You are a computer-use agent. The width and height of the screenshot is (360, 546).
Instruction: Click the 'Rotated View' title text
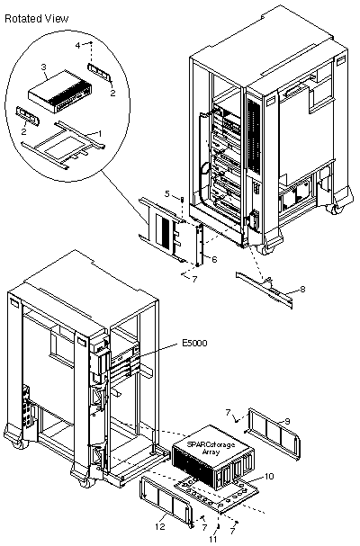pyautogui.click(x=37, y=19)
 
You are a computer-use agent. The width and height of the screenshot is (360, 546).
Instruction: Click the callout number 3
pyautogui.click(x=44, y=67)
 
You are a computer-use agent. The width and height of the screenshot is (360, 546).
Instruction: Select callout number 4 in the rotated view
pyautogui.click(x=78, y=46)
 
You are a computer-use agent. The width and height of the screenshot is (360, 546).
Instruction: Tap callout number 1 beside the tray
pyautogui.click(x=100, y=133)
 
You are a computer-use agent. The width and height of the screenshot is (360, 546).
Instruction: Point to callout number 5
pyautogui.click(x=166, y=193)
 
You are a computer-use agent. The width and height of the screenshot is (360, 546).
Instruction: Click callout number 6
pyautogui.click(x=214, y=259)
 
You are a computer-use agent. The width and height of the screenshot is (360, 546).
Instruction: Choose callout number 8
pyautogui.click(x=302, y=289)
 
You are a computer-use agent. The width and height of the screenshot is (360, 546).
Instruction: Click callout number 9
pyautogui.click(x=287, y=421)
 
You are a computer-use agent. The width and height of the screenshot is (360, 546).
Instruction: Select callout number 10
pyautogui.click(x=269, y=477)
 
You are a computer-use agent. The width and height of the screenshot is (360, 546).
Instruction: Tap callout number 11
pyautogui.click(x=213, y=539)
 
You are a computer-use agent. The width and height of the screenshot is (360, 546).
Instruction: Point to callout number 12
pyautogui.click(x=160, y=527)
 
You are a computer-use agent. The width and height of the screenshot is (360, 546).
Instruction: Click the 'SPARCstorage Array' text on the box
pyautogui.click(x=211, y=448)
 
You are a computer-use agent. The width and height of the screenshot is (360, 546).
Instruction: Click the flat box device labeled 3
pyautogui.click(x=60, y=92)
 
